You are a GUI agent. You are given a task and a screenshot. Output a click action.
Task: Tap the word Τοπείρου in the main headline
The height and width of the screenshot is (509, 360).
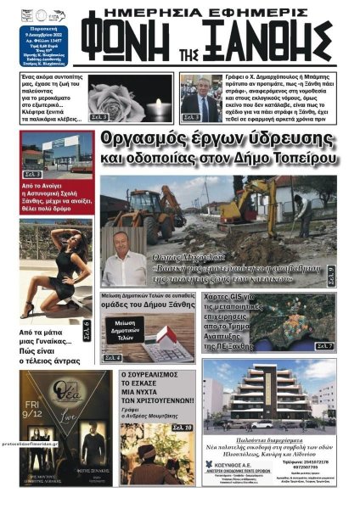[x=298, y=158]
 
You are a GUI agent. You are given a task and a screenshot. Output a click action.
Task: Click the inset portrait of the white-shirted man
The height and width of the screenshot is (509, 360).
[x=128, y=263]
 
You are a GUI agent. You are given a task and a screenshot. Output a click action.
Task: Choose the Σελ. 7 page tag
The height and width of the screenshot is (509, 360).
[x=324, y=346]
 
